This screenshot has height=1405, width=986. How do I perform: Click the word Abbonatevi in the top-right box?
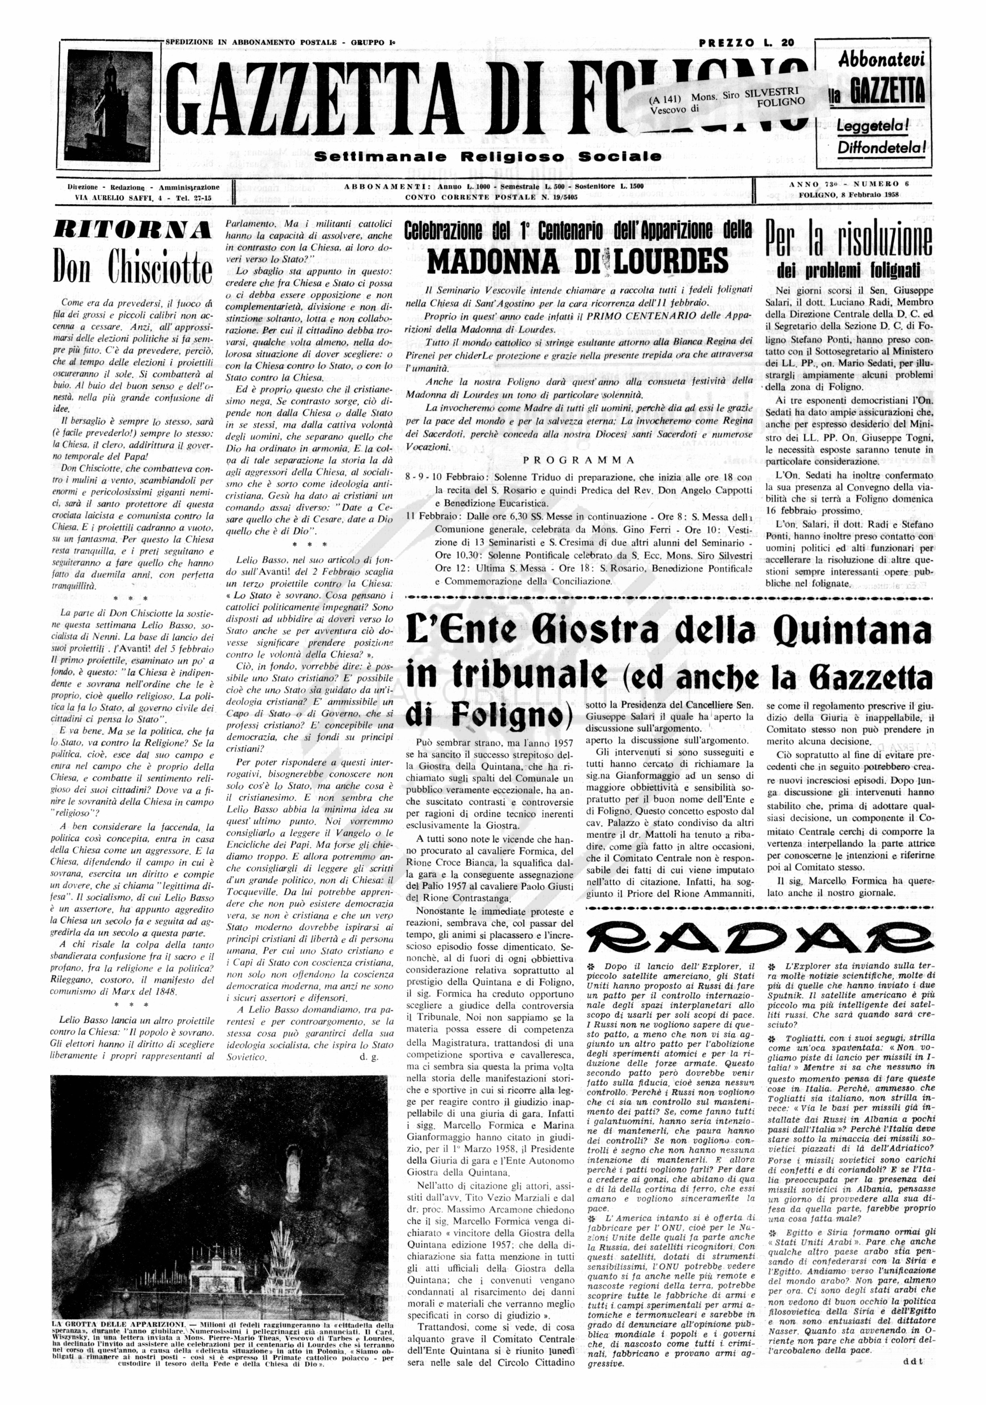881,61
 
